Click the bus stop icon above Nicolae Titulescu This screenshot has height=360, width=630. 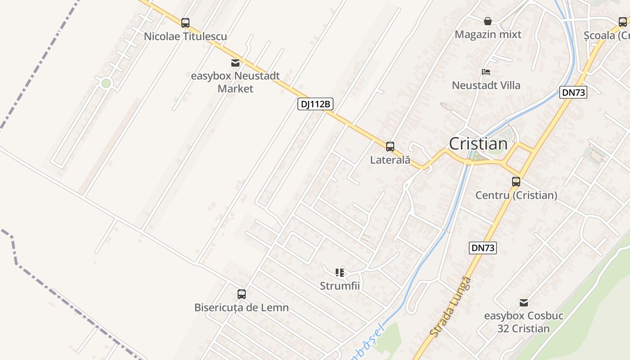click(185, 23)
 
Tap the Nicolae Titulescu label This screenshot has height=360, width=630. click(185, 36)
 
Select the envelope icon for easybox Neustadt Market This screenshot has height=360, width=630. click(235, 63)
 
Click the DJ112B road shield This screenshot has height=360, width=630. click(315, 104)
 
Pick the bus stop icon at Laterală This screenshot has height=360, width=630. click(390, 146)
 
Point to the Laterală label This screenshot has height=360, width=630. click(390, 160)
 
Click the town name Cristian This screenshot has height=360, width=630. click(478, 144)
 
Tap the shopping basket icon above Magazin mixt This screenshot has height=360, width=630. click(488, 21)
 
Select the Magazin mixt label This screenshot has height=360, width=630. click(488, 34)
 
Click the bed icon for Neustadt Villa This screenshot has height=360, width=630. click(486, 72)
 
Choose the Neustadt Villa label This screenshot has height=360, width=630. click(486, 85)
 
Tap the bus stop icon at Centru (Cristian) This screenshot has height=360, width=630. click(516, 182)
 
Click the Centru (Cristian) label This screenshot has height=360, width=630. click(516, 195)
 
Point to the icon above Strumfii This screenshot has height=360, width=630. click(340, 272)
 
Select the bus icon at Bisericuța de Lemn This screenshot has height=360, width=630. click(242, 294)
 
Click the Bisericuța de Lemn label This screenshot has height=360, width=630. click(242, 308)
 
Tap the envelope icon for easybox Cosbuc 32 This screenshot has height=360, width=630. click(524, 302)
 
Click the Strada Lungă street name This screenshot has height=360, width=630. click(450, 307)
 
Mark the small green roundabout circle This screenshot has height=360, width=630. click(106, 83)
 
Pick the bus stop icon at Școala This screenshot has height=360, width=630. click(623, 22)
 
